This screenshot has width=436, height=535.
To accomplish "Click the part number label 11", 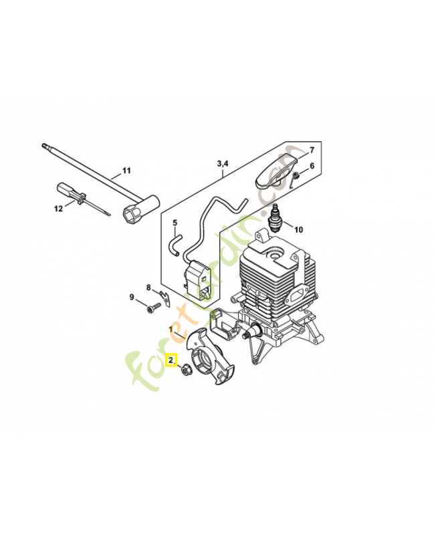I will [x=127, y=171].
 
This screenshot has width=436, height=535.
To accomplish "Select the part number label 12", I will [x=58, y=209].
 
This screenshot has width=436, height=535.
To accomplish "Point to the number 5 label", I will [x=175, y=223].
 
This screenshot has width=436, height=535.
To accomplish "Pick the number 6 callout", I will [x=312, y=167].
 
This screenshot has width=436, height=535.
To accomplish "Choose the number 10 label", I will [x=298, y=229].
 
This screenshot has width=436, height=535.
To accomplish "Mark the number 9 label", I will [x=132, y=297].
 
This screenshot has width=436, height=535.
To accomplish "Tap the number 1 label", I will [x=171, y=330].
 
